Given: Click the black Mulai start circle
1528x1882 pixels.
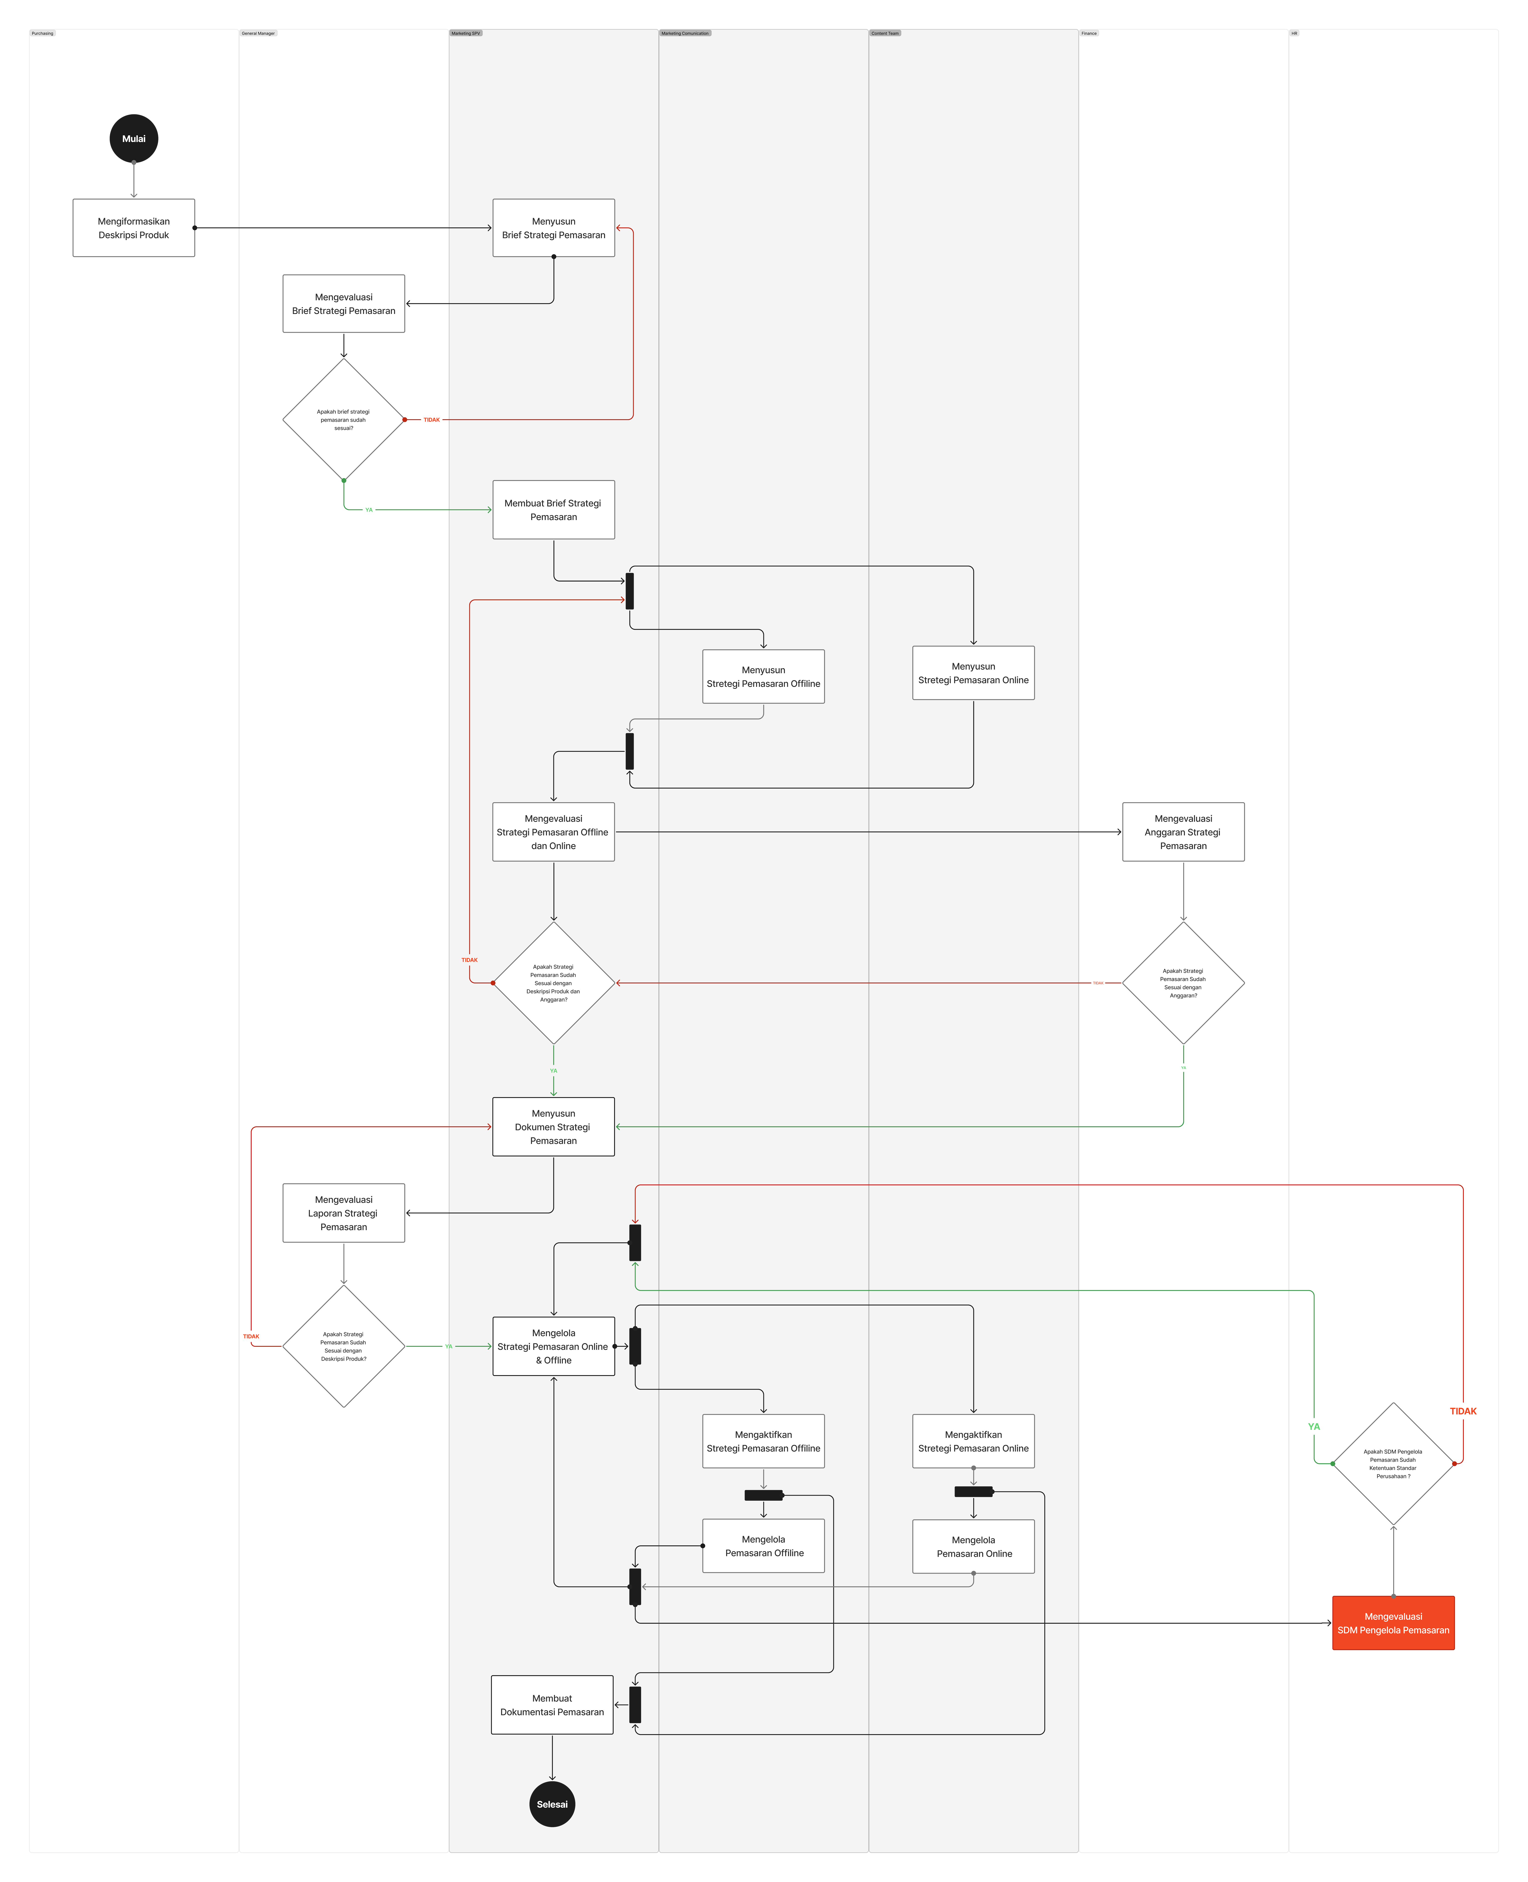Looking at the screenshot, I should click(x=134, y=138).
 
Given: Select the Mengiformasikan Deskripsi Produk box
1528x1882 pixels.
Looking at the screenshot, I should click(x=134, y=228).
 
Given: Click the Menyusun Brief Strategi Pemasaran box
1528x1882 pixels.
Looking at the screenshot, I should click(x=554, y=228).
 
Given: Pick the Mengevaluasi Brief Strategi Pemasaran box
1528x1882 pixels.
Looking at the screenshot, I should click(x=343, y=304).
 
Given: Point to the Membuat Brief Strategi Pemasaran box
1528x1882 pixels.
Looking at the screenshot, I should click(x=554, y=510).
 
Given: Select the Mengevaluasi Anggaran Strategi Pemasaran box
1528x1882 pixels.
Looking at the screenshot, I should click(x=1183, y=832).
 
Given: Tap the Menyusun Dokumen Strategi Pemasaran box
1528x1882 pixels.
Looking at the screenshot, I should click(x=554, y=1127).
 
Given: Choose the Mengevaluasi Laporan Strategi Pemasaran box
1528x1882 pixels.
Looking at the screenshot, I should click(x=343, y=1213).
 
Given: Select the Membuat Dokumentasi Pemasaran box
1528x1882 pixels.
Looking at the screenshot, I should click(x=552, y=1705).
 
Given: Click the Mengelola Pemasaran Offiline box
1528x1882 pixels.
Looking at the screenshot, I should click(x=763, y=1546).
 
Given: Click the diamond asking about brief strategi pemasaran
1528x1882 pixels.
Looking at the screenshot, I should click(x=343, y=420).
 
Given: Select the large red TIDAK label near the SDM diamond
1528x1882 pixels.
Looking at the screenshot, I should click(x=1463, y=1411).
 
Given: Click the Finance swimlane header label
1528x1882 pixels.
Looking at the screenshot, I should click(x=1089, y=34).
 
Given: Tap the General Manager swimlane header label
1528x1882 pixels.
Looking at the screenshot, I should click(x=258, y=34).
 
